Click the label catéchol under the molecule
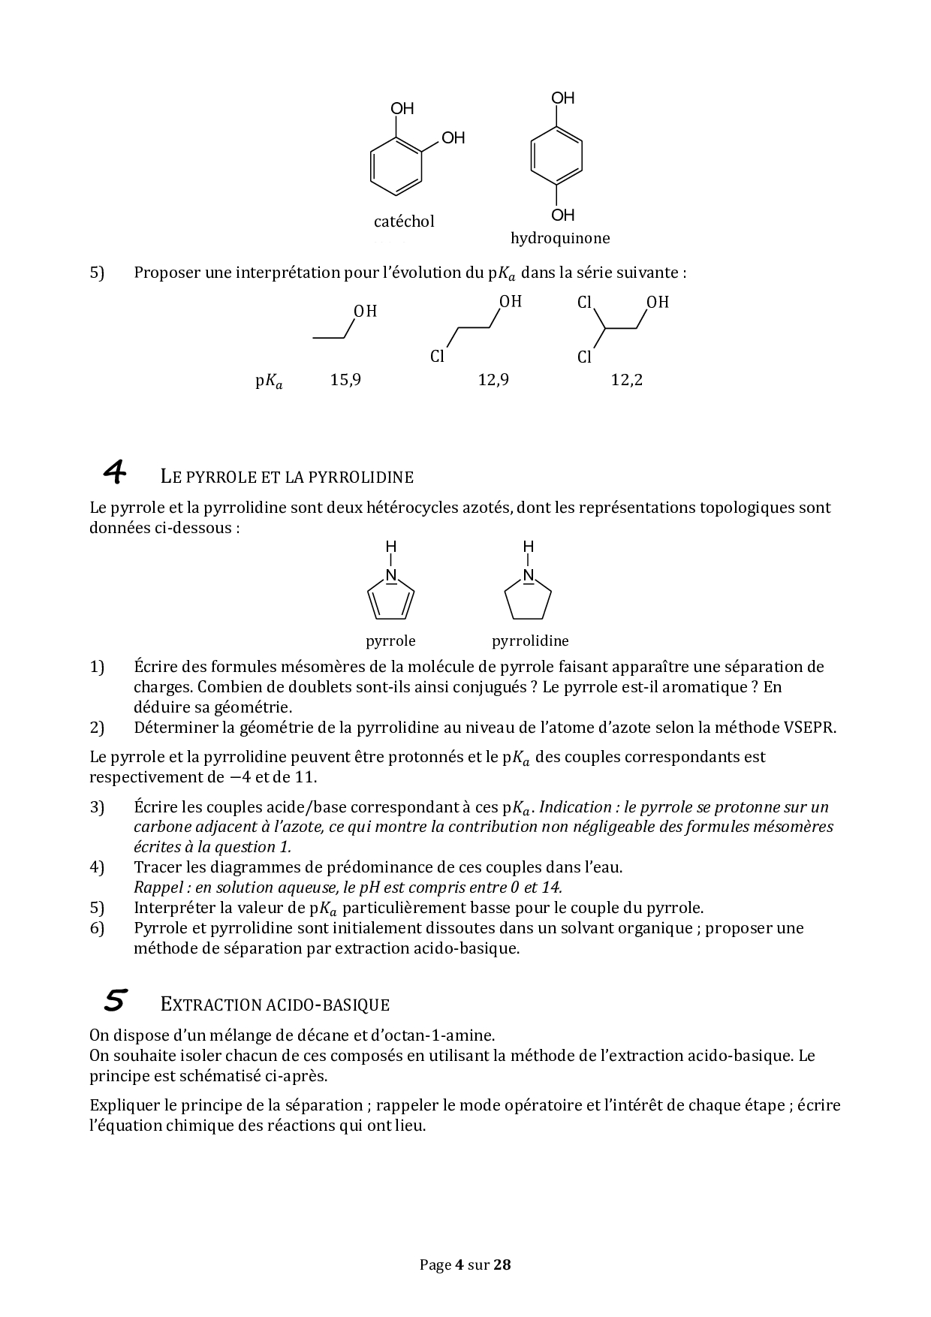404,222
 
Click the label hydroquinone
560,239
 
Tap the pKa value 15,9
345,380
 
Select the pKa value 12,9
493,380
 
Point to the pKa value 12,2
627,380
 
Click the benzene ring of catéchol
396,168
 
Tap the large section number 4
115,473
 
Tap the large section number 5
115,1001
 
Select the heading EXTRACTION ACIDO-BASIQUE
275,1005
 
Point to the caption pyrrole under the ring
390,641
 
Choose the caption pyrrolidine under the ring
530,641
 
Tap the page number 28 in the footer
502,1264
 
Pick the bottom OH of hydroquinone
562,215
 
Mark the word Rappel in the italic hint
157,888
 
